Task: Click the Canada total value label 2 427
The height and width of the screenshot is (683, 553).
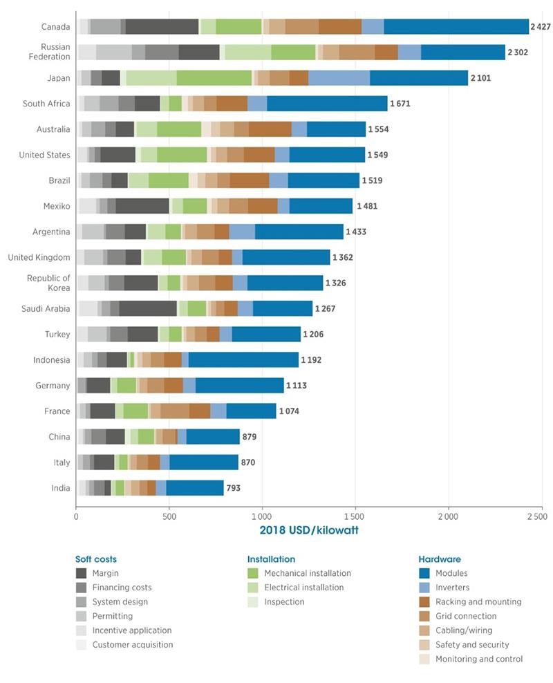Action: tap(541, 27)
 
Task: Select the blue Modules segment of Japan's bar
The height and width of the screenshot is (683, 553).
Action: tap(418, 78)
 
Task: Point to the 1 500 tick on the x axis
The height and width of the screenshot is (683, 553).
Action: tap(355, 516)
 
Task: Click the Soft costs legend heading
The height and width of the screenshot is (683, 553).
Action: tap(96, 559)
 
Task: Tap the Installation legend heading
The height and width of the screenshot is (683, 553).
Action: tap(271, 559)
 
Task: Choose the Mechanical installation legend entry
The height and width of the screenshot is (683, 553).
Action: tap(307, 573)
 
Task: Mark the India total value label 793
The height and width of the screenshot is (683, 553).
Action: tap(234, 489)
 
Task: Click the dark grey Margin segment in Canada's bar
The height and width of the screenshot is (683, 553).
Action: tap(162, 27)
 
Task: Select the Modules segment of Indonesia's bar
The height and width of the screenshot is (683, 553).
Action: tap(243, 360)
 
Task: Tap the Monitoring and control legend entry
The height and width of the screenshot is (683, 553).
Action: tap(478, 659)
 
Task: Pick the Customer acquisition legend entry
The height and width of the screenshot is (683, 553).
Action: tap(132, 644)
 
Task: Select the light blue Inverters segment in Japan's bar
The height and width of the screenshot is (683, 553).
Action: tap(339, 78)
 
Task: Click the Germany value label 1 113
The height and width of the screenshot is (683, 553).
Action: tap(299, 386)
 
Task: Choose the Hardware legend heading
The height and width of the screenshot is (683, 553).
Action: tap(440, 559)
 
